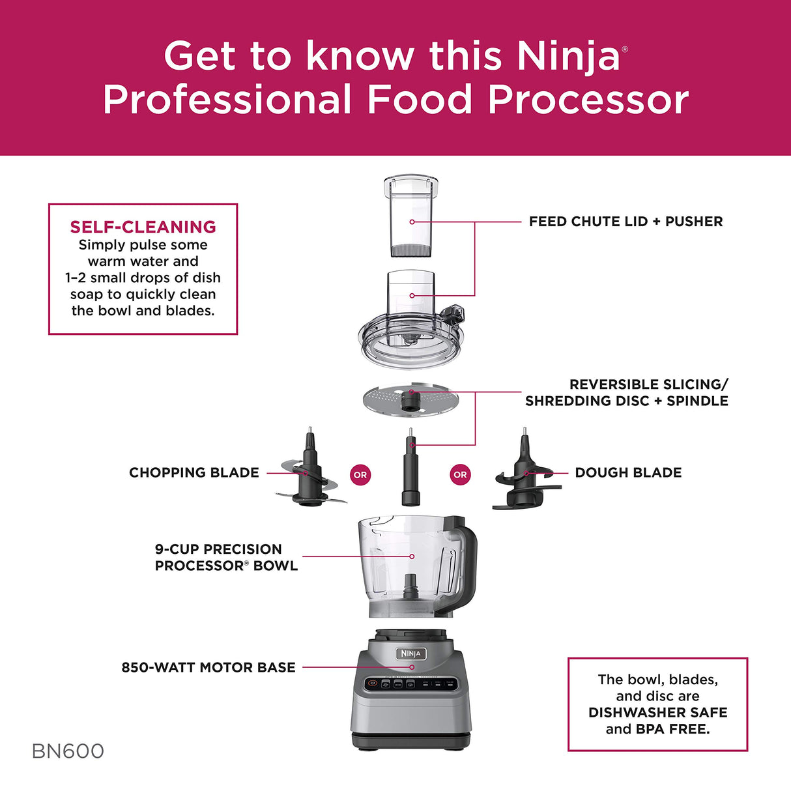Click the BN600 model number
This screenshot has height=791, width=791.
[x=68, y=751]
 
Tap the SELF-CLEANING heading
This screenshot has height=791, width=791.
[x=143, y=227]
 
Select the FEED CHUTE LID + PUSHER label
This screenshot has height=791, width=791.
[x=626, y=222]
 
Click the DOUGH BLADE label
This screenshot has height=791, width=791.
[x=628, y=472]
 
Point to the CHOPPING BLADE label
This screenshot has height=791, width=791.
[x=194, y=472]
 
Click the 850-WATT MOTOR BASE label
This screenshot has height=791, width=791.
[x=209, y=667]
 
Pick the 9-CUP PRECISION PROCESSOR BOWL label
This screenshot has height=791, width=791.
[x=226, y=557]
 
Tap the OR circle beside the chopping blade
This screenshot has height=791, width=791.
[x=360, y=475]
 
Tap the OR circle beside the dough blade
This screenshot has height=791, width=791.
[x=460, y=475]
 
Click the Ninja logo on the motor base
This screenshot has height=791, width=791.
[x=411, y=654]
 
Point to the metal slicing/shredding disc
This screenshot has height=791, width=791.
[x=410, y=399]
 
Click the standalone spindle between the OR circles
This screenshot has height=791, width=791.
[x=410, y=469]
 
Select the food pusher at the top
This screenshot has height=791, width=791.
[x=411, y=218]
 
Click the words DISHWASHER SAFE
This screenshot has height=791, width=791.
[x=657, y=712]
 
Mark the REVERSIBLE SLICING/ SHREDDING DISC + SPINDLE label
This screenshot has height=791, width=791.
[x=627, y=393]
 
